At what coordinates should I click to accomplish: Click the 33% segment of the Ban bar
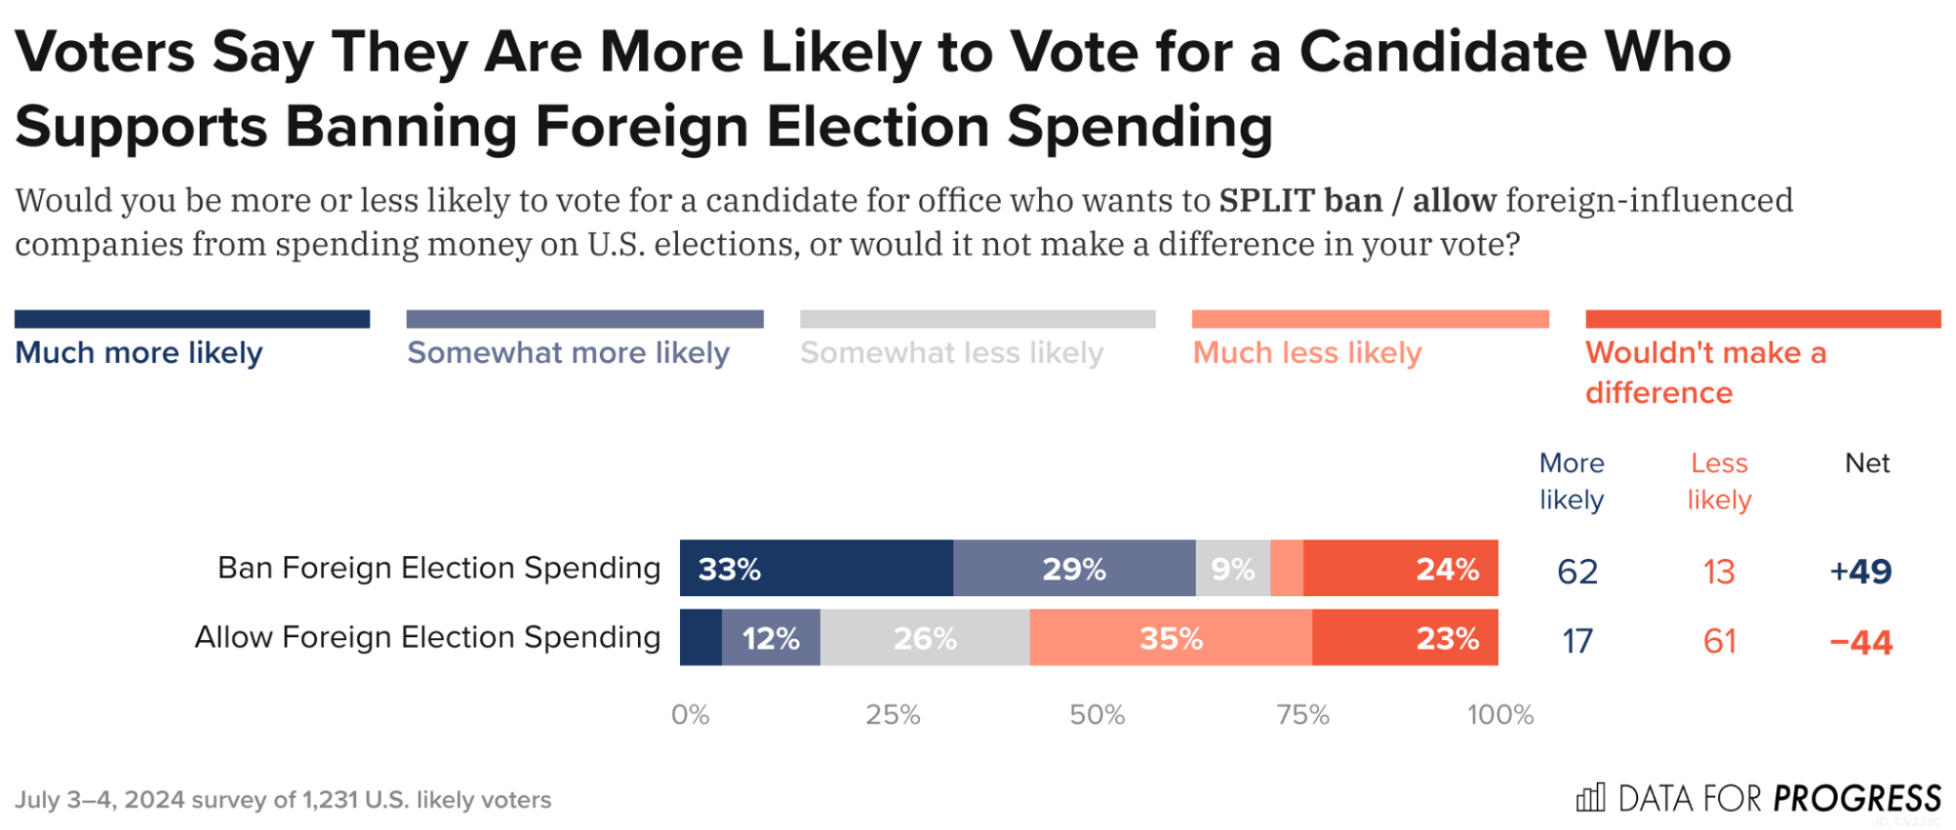(x=815, y=568)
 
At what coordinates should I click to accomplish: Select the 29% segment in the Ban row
(x=1073, y=568)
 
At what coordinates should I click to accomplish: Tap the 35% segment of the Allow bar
(x=1170, y=637)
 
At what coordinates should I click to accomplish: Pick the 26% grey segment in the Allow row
(x=924, y=637)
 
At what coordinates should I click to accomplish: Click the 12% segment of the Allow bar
(x=770, y=637)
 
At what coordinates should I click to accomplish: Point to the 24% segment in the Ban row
(x=1399, y=568)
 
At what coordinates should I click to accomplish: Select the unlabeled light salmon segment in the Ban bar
(x=1286, y=568)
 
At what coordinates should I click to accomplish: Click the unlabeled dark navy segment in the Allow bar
(x=701, y=637)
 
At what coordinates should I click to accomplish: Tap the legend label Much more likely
(x=139, y=352)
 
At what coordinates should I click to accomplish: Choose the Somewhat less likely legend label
(x=951, y=352)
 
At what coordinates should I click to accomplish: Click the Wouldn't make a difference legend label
(x=1705, y=372)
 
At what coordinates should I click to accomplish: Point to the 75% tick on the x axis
(x=1302, y=715)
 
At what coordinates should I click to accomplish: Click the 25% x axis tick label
(x=892, y=715)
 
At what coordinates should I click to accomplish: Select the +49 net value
(x=1860, y=571)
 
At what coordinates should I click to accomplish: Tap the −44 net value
(x=1860, y=642)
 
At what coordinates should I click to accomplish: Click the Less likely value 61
(x=1719, y=641)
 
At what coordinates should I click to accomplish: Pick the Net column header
(x=1866, y=463)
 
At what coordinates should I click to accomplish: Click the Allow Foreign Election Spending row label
(x=428, y=637)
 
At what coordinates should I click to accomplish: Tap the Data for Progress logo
(x=1757, y=799)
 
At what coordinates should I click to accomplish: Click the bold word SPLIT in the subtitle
(x=1265, y=201)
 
